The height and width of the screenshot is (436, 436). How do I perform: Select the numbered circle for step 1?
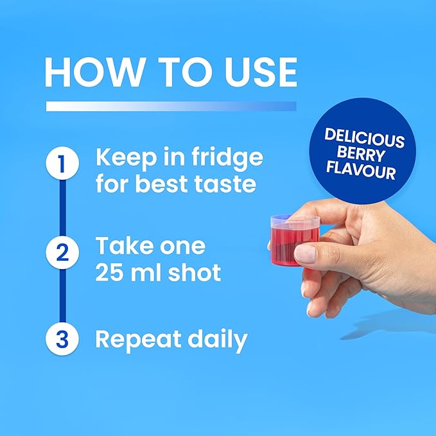coord(62,163)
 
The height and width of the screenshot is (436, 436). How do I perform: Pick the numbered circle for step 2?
coord(62,252)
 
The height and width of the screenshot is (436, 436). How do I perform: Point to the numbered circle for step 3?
coord(62,338)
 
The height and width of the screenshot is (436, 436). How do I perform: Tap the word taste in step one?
coord(225,184)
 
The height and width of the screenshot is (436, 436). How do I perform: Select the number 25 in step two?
coord(110,272)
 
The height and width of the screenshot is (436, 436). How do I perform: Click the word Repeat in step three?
coord(139,340)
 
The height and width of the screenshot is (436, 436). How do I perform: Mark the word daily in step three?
coord(218,340)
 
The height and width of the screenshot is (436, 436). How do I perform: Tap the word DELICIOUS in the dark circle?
coord(364,137)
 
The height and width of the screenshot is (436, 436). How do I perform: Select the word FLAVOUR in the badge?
coord(361,170)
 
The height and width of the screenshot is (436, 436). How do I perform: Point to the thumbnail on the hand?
coord(305,253)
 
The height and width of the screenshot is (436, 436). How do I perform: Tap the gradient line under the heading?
coord(171,106)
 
